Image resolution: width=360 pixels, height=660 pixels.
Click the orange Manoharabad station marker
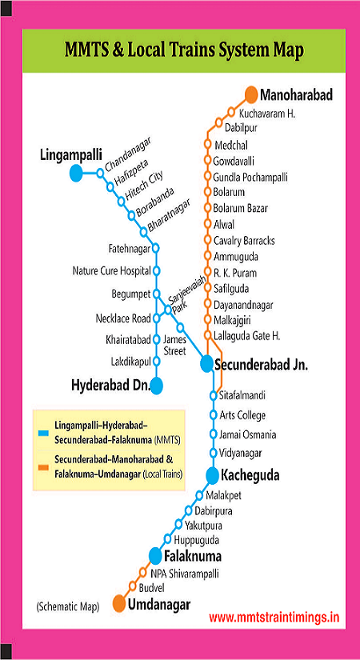tap(251, 94)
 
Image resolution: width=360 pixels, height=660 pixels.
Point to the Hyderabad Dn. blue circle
tap(157, 386)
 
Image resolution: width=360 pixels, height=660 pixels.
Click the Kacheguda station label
tap(252, 475)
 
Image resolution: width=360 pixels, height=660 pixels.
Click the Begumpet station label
tap(129, 294)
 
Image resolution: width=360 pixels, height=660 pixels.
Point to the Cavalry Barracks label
tap(244, 241)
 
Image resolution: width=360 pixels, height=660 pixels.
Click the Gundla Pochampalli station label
tap(250, 177)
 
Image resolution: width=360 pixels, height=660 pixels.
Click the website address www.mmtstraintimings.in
tap(274, 618)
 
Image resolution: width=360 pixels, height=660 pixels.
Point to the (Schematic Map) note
tap(67, 606)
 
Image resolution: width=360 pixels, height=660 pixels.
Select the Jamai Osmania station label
tap(248, 434)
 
